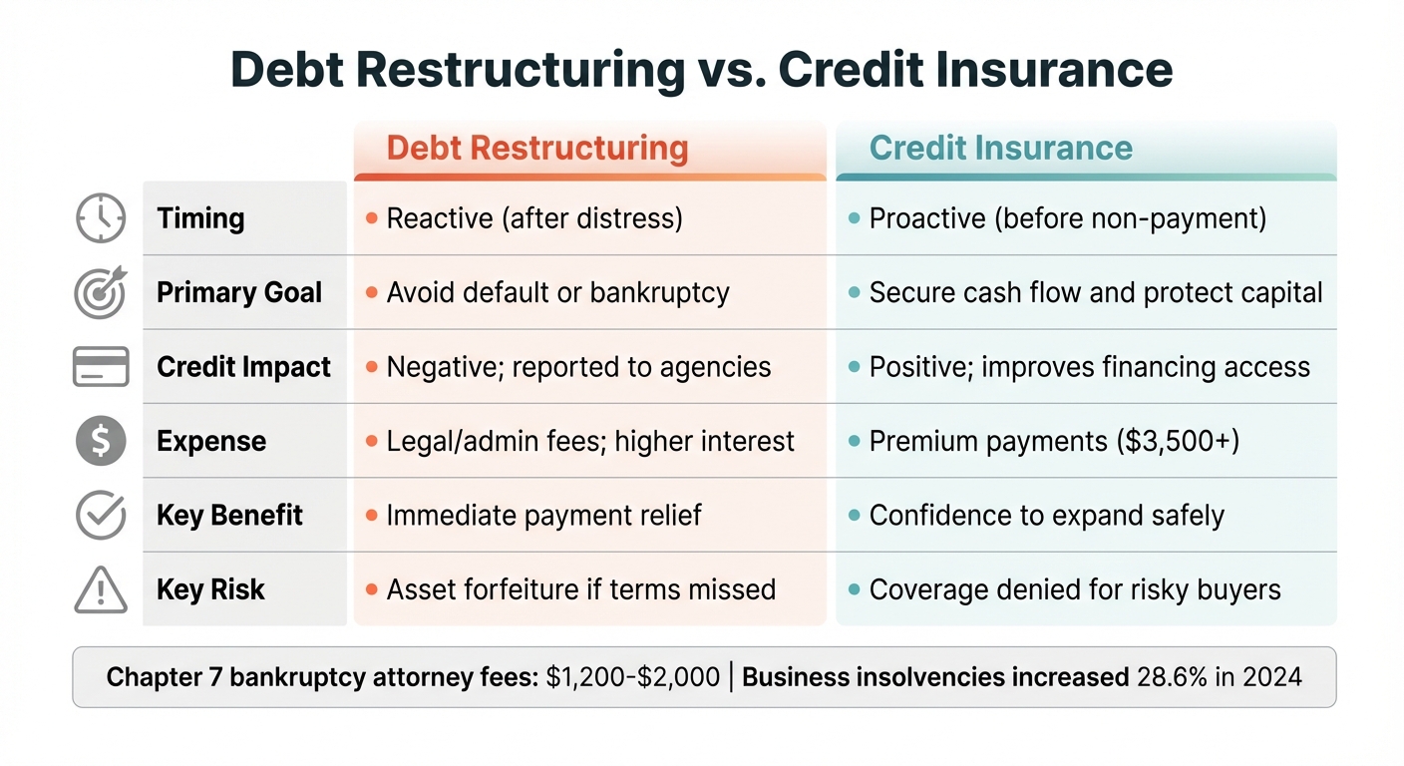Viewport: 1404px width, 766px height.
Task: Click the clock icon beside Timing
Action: click(101, 218)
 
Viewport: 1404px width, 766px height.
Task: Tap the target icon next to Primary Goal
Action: click(101, 292)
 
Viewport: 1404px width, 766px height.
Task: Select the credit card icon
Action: click(101, 367)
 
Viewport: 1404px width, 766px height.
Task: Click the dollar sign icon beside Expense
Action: click(101, 441)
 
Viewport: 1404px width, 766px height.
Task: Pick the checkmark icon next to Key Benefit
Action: click(101, 516)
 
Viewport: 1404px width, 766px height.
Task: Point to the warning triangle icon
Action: click(101, 590)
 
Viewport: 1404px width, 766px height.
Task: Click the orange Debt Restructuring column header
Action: click(536, 149)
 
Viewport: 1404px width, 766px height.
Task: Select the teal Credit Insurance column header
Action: click(1000, 149)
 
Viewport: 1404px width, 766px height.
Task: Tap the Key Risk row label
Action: click(210, 589)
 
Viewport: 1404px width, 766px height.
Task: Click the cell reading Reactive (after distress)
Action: click(534, 218)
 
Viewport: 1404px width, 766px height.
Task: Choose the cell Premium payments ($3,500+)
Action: click(1054, 441)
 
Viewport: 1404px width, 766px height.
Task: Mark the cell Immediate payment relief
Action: click(543, 516)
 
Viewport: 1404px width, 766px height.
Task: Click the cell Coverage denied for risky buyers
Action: click(1074, 589)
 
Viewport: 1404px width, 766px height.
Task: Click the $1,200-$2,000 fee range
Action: click(632, 677)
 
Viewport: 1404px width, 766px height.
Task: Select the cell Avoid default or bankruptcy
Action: click(557, 292)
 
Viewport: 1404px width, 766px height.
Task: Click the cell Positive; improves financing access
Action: click(1089, 367)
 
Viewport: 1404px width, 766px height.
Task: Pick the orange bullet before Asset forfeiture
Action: click(371, 589)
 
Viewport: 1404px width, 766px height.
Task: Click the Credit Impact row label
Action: click(243, 367)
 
